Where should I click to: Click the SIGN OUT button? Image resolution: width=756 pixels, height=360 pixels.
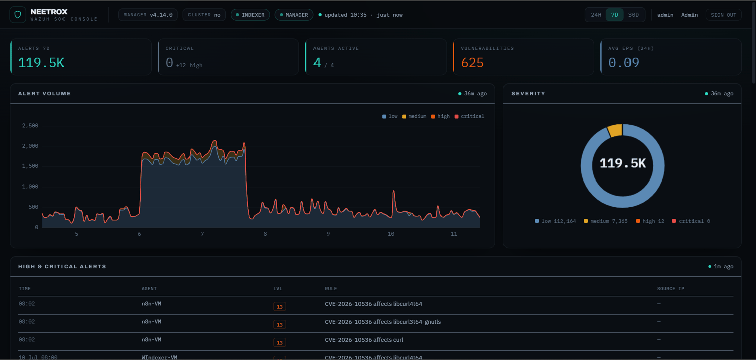(x=723, y=15)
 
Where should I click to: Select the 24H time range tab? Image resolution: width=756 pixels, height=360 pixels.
(x=596, y=15)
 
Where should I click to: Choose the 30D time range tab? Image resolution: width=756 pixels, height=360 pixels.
(x=633, y=15)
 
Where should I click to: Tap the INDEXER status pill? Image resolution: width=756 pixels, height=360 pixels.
(x=250, y=15)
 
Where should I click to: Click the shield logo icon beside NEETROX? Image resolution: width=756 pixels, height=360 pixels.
(x=18, y=15)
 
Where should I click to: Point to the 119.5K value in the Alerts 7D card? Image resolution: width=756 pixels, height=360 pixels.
(x=41, y=63)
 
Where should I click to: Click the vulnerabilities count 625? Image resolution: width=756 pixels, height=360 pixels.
(x=472, y=63)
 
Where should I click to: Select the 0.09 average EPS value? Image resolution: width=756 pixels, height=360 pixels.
(x=623, y=63)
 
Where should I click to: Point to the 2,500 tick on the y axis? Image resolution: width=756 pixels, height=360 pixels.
(x=30, y=126)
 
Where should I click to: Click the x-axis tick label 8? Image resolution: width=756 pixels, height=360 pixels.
(x=265, y=234)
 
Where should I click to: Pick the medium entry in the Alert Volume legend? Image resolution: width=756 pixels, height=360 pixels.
(x=414, y=116)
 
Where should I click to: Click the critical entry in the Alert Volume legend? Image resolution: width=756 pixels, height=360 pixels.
(x=469, y=116)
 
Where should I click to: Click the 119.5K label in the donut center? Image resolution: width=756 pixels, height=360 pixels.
(x=622, y=163)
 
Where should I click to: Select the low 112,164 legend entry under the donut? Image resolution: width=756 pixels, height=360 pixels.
(x=555, y=221)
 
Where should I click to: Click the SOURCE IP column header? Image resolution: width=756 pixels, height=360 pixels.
(x=671, y=289)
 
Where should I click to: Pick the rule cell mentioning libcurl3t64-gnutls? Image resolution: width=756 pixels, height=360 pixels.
(x=383, y=322)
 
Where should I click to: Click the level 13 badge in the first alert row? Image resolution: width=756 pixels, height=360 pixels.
(x=279, y=307)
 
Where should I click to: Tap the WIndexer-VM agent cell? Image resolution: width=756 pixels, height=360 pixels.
(x=159, y=357)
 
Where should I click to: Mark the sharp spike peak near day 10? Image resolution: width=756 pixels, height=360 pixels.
(x=393, y=191)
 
